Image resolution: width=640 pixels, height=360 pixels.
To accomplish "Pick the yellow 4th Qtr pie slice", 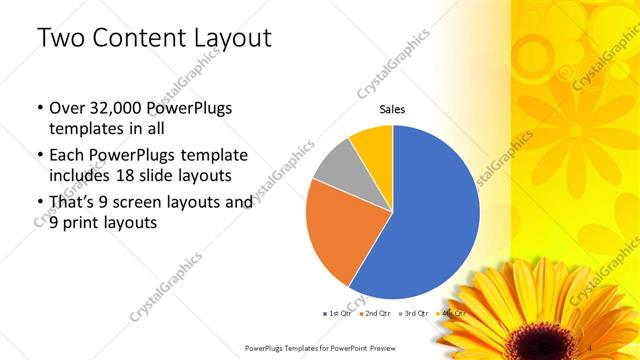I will [373, 146].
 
